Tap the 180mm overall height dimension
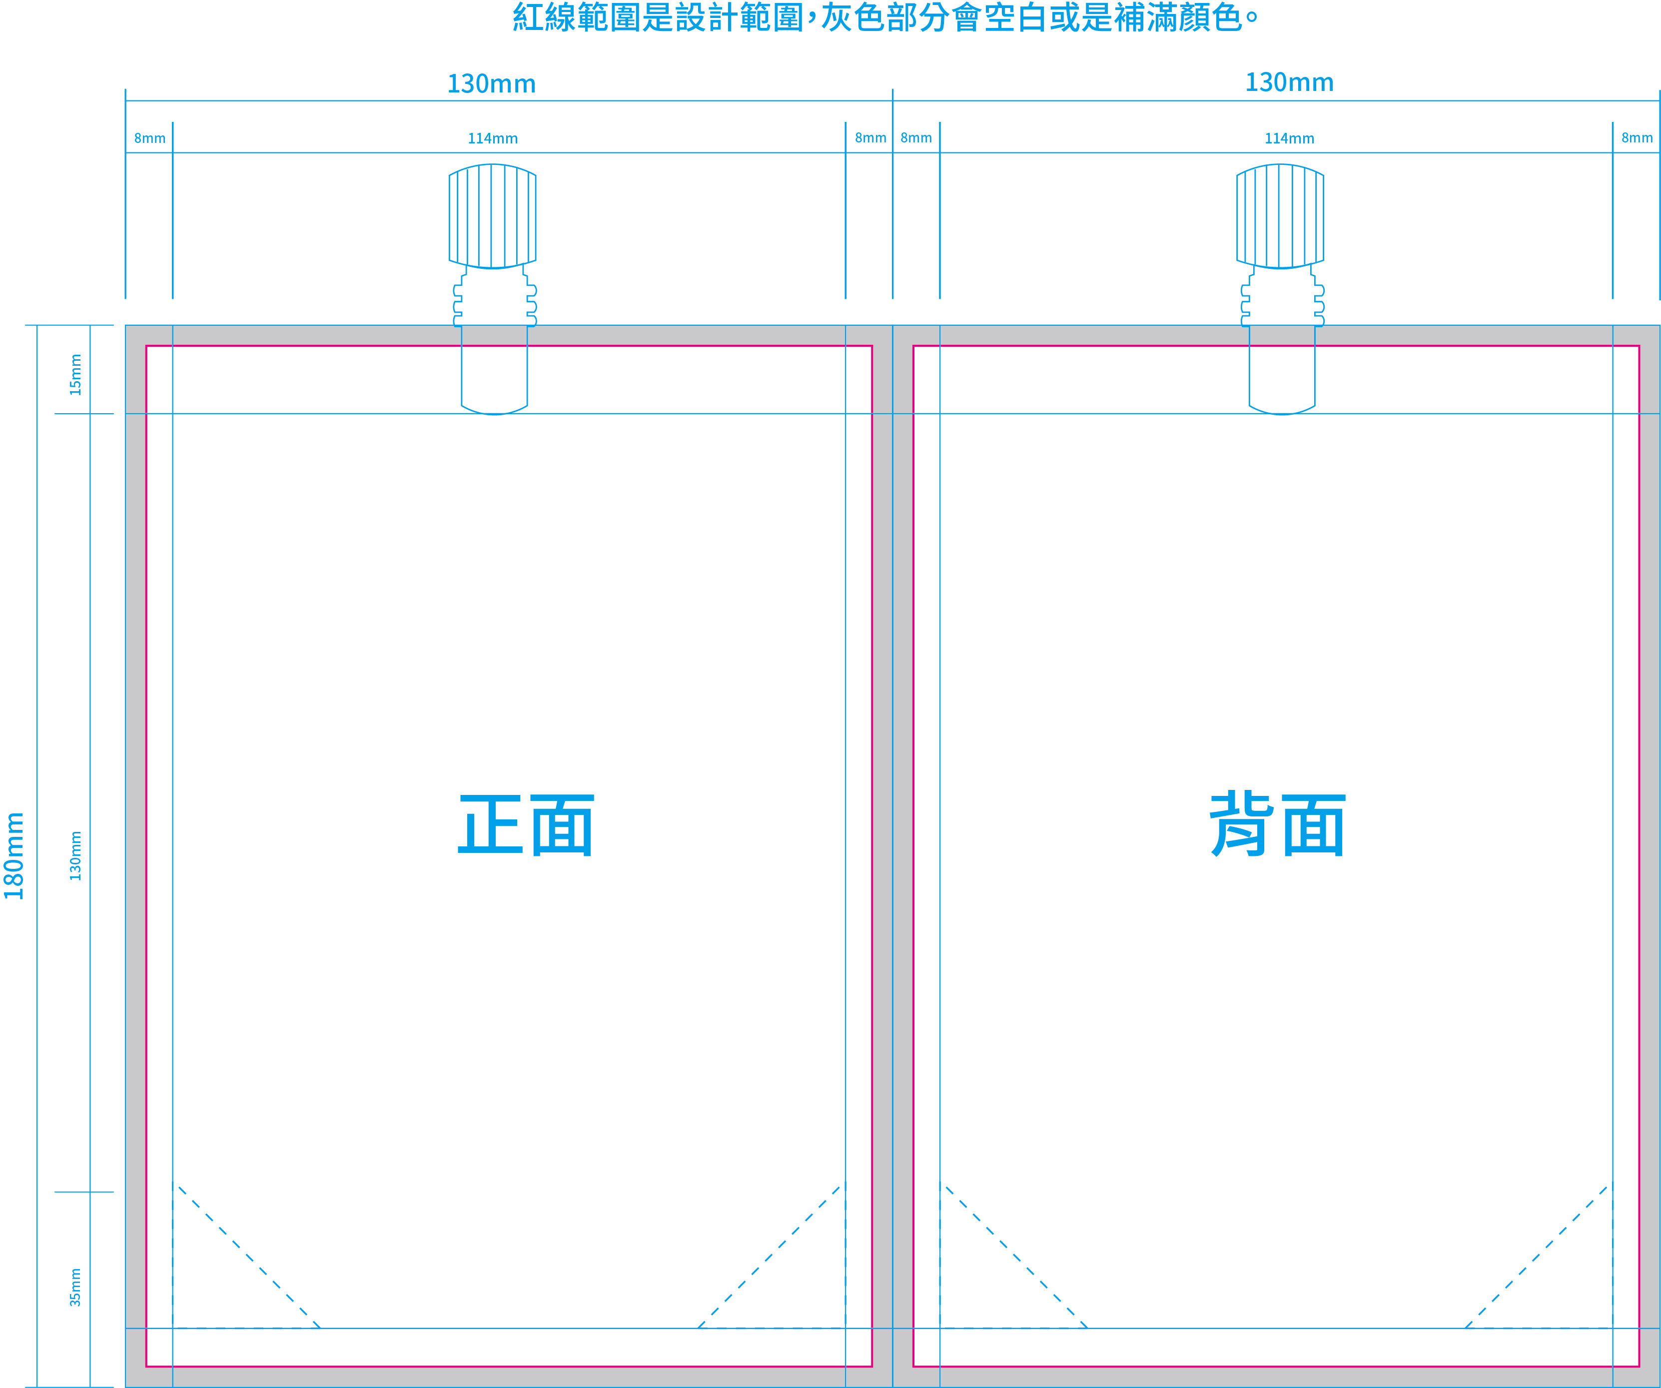14,856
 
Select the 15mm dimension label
75,375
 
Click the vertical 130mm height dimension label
75,856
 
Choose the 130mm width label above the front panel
491,84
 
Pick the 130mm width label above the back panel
1289,82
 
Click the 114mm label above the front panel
493,138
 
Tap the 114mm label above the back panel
1289,138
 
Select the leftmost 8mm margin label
149,138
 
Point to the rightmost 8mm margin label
1637,137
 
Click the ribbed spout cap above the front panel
492,216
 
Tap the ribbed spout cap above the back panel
1280,216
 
